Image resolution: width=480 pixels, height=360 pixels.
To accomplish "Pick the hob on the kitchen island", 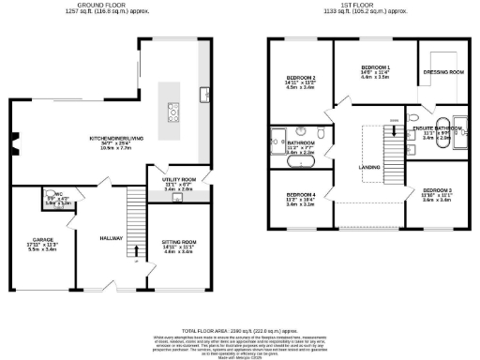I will pyautogui.click(x=174, y=112).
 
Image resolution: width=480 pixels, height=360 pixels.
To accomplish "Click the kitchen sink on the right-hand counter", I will pyautogui.click(x=205, y=92).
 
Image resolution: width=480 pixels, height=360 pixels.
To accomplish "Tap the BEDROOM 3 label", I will pyautogui.click(x=436, y=189).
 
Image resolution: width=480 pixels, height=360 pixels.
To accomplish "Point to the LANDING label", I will pyautogui.click(x=368, y=168).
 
